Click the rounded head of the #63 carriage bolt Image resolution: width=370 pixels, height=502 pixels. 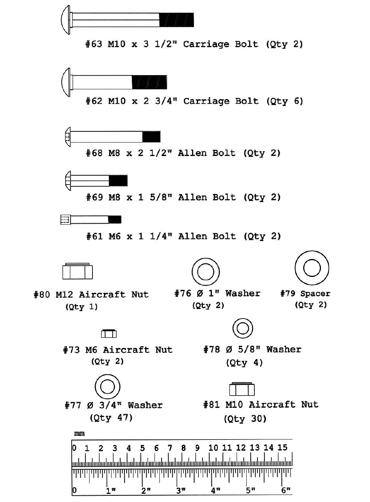(66, 20)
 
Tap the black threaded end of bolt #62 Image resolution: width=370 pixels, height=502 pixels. (149, 82)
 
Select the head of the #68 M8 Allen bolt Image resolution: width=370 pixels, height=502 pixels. (67, 137)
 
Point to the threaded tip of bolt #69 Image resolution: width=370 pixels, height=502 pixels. (118, 180)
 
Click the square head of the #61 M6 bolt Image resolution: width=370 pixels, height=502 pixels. (65, 220)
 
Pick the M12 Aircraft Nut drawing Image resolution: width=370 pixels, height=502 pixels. (77, 271)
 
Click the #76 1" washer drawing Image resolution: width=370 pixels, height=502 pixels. (205, 272)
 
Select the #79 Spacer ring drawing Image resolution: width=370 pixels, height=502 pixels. (312, 268)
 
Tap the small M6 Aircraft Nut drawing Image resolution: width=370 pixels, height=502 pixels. (109, 333)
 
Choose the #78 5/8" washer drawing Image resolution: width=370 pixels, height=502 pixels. (243, 329)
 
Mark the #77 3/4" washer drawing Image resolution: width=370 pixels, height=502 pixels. (107, 387)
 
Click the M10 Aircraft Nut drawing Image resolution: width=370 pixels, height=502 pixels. (242, 389)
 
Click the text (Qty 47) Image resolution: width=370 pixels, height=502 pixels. (111, 418)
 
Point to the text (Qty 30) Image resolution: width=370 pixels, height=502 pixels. (245, 419)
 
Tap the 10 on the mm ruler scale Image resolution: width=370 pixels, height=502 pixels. (213, 448)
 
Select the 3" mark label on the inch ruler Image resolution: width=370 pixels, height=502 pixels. (181, 490)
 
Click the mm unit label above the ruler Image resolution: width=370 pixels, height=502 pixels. (79, 434)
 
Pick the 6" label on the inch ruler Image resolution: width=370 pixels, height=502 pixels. (286, 490)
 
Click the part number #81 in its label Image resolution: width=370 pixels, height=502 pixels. (212, 405)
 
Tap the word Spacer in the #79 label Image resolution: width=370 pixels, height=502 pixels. (315, 294)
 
